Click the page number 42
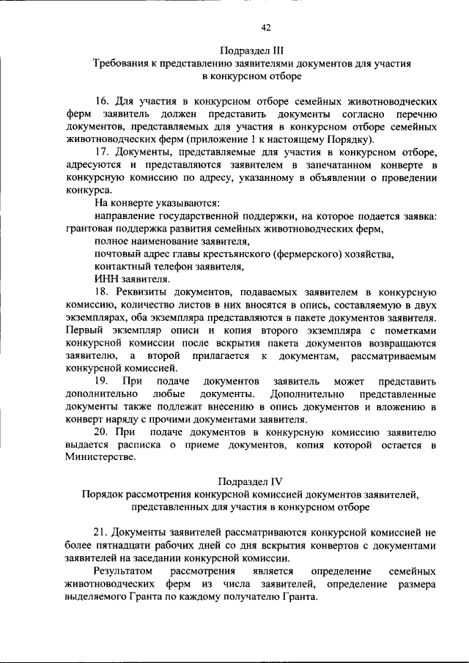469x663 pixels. coord(266,27)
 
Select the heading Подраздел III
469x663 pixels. coord(252,51)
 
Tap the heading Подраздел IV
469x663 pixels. coord(251,481)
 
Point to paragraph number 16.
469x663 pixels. coord(103,102)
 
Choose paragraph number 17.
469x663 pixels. coord(103,152)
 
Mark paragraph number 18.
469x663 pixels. coord(103,292)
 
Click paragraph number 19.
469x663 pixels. coord(103,382)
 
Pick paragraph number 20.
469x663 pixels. coord(103,431)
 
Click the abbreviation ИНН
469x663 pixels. coord(107,278)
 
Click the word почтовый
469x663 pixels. coord(119,253)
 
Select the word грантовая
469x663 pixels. coord(92,229)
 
